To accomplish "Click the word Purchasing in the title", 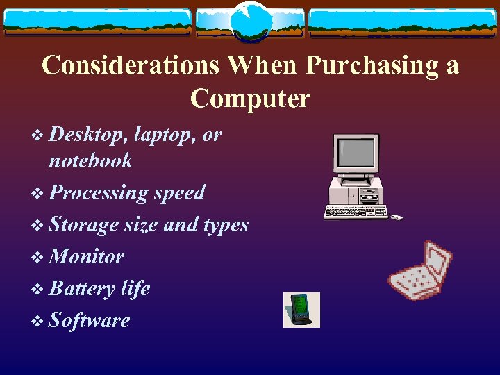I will [x=372, y=65].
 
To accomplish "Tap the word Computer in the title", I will [x=250, y=98].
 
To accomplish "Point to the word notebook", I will [x=90, y=160].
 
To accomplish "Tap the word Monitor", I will [x=87, y=256].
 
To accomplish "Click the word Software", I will [x=90, y=320].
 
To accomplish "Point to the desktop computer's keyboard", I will [x=356, y=212].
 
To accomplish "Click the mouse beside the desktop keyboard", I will [x=396, y=218].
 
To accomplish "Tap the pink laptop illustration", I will [x=419, y=271].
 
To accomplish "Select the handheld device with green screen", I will [x=301, y=309].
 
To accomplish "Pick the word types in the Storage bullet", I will [x=225, y=224].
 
